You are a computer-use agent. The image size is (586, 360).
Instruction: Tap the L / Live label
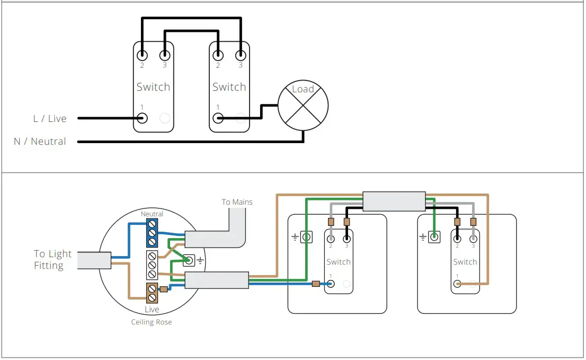pyautogui.click(x=50, y=118)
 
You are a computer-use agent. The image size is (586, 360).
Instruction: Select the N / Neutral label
pyautogui.click(x=40, y=142)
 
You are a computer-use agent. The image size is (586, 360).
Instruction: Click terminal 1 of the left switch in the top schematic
pyautogui.click(x=141, y=118)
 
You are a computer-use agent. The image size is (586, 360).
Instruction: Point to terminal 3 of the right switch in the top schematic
pyautogui.click(x=241, y=55)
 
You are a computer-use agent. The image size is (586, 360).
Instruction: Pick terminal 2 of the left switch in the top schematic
pyautogui.click(x=141, y=55)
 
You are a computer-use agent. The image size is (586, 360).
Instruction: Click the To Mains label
pyautogui.click(x=237, y=202)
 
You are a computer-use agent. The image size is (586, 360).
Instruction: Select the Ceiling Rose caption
pyautogui.click(x=152, y=322)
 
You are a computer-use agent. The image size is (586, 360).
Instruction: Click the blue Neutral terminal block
pyautogui.click(x=152, y=233)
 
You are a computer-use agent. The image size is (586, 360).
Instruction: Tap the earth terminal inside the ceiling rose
pyautogui.click(x=188, y=260)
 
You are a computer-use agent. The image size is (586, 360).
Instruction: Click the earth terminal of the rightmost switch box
pyautogui.click(x=434, y=237)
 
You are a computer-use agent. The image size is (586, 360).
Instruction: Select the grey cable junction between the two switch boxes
pyautogui.click(x=394, y=201)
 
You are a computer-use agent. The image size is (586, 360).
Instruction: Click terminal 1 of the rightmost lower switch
pyautogui.click(x=457, y=284)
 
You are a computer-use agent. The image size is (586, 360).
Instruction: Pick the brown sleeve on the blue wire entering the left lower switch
pyautogui.click(x=316, y=284)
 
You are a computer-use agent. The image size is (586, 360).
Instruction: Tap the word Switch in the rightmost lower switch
pyautogui.click(x=465, y=262)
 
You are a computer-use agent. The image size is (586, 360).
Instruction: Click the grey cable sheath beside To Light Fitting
pyautogui.click(x=93, y=260)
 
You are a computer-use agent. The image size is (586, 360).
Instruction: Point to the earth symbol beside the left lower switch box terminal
pyautogui.click(x=295, y=238)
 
